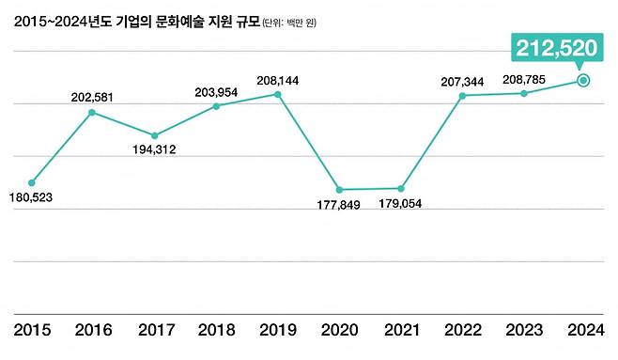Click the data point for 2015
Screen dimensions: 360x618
click(x=31, y=182)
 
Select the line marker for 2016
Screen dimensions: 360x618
click(x=92, y=113)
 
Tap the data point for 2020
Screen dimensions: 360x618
click(x=339, y=190)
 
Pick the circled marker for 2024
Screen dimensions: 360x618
click(x=583, y=81)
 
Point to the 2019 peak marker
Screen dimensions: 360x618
click(x=278, y=93)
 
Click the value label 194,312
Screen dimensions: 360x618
click(x=154, y=149)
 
